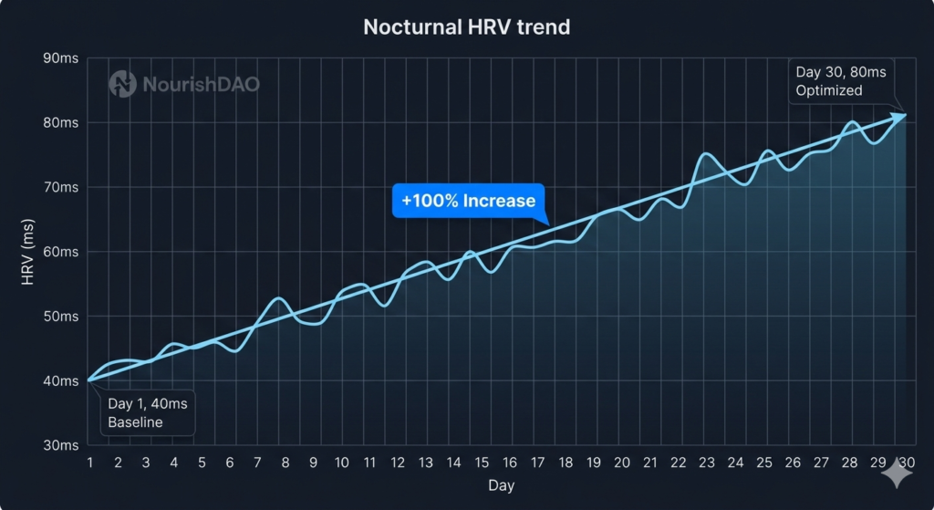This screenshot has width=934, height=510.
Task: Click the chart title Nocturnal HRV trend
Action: (x=466, y=26)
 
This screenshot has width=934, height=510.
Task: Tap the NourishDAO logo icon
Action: (x=122, y=85)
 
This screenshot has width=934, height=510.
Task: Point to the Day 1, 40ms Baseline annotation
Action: (x=147, y=412)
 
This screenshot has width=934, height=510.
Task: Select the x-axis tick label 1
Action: (x=89, y=463)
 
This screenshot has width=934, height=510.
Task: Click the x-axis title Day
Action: (x=501, y=485)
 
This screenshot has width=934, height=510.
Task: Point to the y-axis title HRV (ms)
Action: (x=28, y=252)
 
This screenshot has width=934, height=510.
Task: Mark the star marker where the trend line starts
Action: (x=89, y=380)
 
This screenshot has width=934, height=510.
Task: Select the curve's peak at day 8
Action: (x=280, y=298)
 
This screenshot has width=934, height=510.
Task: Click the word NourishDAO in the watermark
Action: (x=201, y=85)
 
